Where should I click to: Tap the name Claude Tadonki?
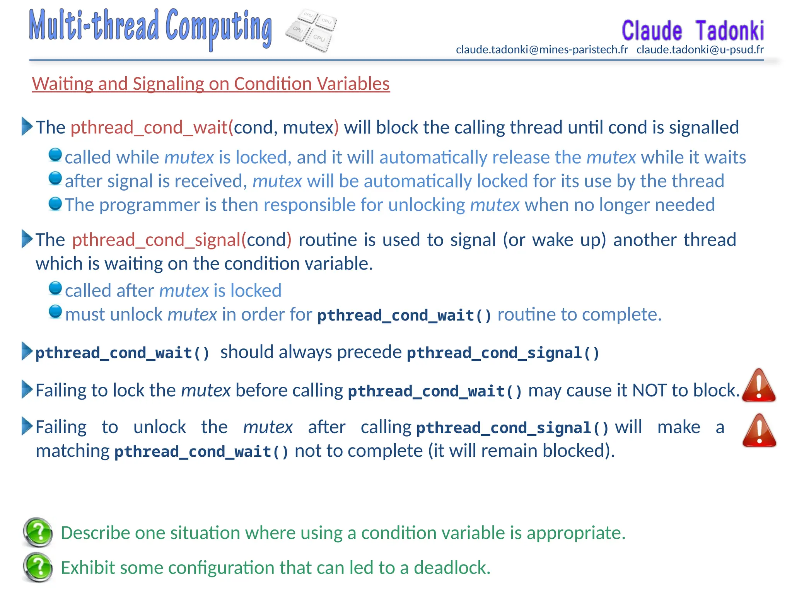click(x=692, y=31)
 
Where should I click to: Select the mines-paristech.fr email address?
click(x=542, y=50)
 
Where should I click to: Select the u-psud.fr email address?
click(x=700, y=50)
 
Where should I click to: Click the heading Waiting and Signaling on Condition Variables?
click(x=211, y=84)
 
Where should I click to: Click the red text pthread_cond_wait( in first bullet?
click(x=152, y=128)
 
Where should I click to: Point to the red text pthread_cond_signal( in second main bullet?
click(x=159, y=240)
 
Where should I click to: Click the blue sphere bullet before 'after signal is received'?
click(x=55, y=179)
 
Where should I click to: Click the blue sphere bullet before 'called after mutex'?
click(x=55, y=288)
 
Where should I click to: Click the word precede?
click(x=369, y=352)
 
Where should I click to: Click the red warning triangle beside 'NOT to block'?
click(x=759, y=386)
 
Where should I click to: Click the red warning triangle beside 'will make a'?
click(x=759, y=431)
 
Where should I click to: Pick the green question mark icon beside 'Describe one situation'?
click(x=38, y=533)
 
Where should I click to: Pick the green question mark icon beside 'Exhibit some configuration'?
click(x=38, y=567)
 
